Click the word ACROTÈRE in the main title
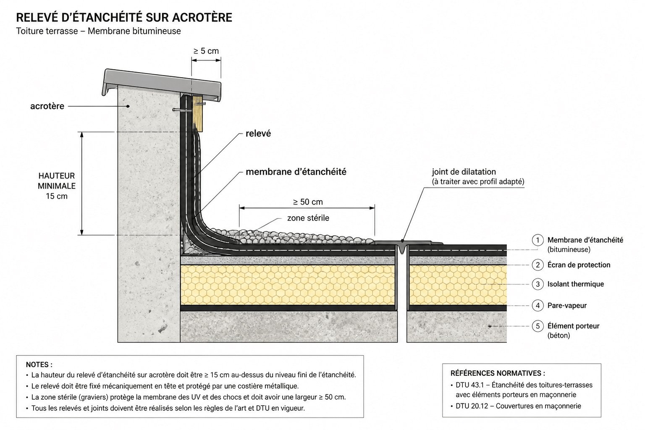(202, 18)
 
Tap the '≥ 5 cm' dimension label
(206, 51)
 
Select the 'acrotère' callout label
(47, 106)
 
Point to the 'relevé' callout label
(258, 134)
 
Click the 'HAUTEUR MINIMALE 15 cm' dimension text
(57, 186)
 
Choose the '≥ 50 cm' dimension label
(308, 202)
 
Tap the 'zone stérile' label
(308, 218)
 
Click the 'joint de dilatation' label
(464, 172)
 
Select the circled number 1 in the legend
(537, 240)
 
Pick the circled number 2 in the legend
(537, 265)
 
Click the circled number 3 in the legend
(537, 284)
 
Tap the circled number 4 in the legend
(537, 305)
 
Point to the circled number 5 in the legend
(537, 326)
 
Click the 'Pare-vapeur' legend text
(567, 306)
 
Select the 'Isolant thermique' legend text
(576, 284)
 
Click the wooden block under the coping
(198, 114)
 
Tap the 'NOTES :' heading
(39, 364)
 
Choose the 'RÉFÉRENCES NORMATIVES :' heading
(498, 373)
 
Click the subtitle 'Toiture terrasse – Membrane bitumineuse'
(99, 31)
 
